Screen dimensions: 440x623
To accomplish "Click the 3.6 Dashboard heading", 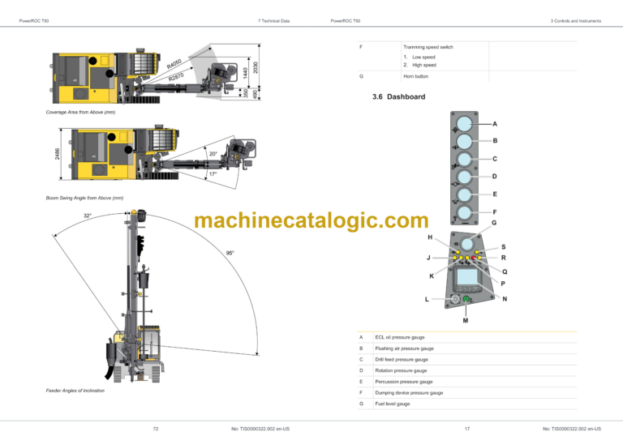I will tap(397, 96).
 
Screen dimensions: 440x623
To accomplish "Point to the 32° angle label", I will tap(88, 216).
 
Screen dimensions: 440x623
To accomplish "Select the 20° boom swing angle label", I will tap(213, 154).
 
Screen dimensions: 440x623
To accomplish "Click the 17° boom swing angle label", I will tap(213, 174).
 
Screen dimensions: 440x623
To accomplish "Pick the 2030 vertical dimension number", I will tap(256, 68).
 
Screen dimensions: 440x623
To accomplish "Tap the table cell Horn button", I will tap(415, 76).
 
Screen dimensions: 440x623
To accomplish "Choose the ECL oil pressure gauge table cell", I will tap(400, 337).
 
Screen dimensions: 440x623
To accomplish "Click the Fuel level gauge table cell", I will tap(393, 404).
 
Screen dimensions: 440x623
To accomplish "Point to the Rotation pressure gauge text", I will tap(401, 370).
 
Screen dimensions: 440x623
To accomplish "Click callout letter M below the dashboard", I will tap(466, 320).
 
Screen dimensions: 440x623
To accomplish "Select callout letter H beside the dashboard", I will tap(430, 237).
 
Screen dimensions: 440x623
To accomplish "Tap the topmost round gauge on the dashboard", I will tap(465, 124).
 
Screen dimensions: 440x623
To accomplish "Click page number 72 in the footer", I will tap(155, 428).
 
